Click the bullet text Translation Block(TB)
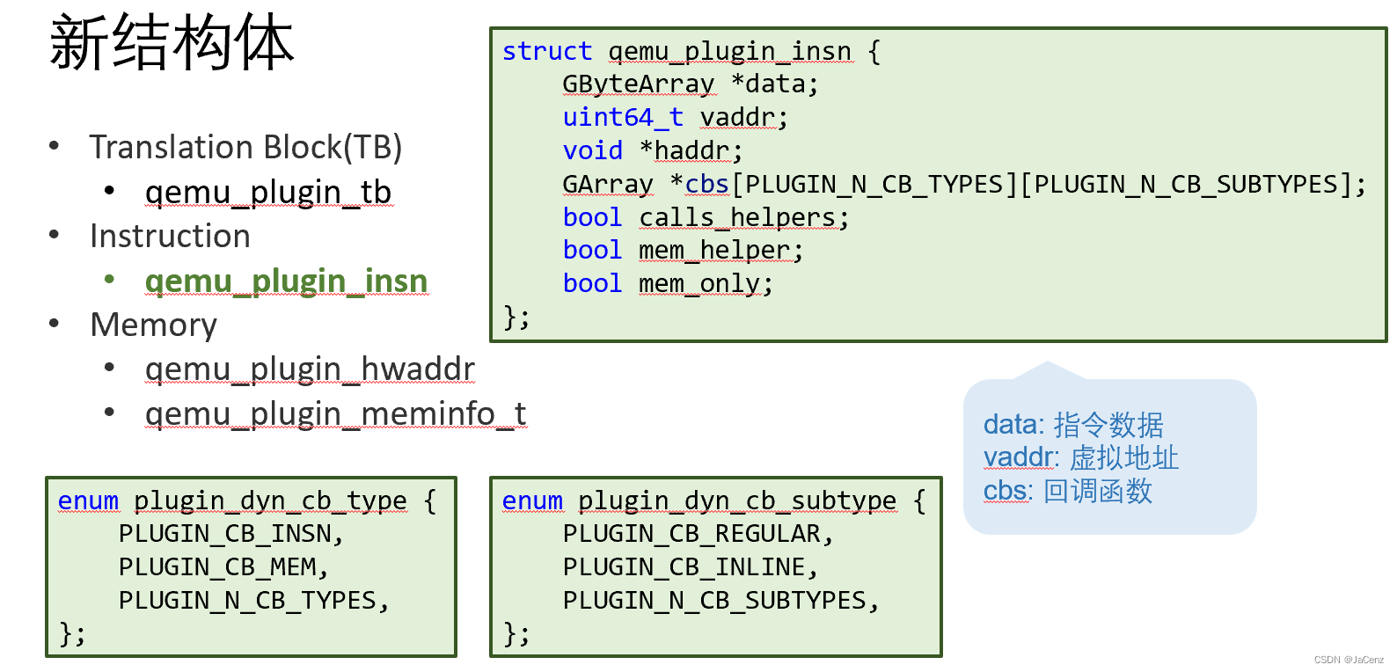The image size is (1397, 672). [x=245, y=147]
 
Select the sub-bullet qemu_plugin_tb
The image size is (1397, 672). [x=268, y=193]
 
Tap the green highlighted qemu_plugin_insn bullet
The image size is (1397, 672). [x=286, y=281]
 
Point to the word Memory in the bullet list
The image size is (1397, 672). [x=154, y=325]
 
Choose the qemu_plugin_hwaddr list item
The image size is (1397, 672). [x=310, y=369]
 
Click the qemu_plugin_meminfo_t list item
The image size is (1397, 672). [x=335, y=414]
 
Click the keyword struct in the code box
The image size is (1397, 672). [x=546, y=52]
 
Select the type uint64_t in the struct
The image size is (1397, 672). [x=623, y=117]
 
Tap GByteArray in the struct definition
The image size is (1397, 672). [x=638, y=84]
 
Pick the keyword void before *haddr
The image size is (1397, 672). [x=592, y=150]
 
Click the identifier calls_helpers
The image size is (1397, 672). [x=737, y=217]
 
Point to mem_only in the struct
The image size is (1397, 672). [x=699, y=284]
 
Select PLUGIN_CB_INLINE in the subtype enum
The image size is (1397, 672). [x=684, y=567]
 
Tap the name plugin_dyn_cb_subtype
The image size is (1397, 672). [x=737, y=500]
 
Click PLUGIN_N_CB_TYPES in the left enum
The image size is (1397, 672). [x=247, y=601]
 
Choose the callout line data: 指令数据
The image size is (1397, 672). [x=1073, y=425]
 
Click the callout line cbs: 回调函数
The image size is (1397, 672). [x=1067, y=491]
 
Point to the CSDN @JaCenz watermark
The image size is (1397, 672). [x=1348, y=660]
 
